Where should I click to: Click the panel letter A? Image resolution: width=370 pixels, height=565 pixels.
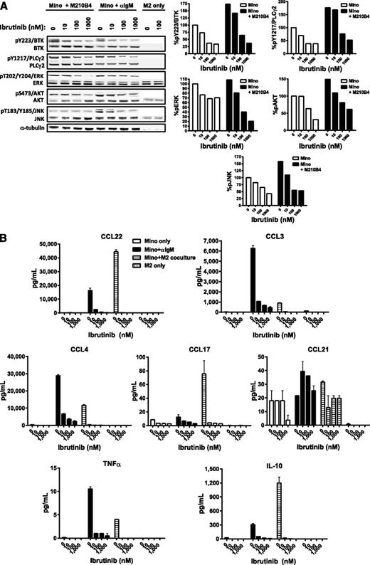(x=6, y=6)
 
